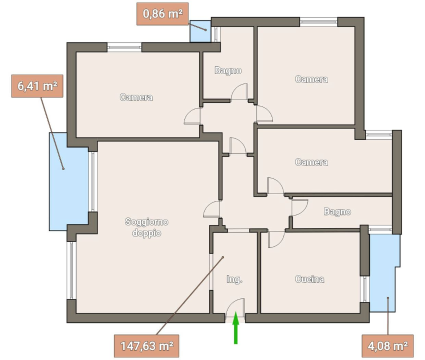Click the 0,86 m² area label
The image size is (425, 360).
pyautogui.click(x=162, y=14)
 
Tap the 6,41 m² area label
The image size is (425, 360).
pyautogui.click(x=37, y=86)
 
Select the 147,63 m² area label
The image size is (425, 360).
pyautogui.click(x=146, y=346)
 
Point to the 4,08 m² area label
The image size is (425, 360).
pyautogui.click(x=387, y=346)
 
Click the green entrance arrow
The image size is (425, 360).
pyautogui.click(x=236, y=327)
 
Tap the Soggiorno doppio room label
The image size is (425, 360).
pyautogui.click(x=146, y=227)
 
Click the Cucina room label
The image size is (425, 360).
pyautogui.click(x=309, y=279)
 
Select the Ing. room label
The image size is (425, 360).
pyautogui.click(x=234, y=279)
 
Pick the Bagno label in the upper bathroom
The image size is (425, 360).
pyautogui.click(x=228, y=70)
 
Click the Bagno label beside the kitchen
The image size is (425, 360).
pyautogui.click(x=337, y=211)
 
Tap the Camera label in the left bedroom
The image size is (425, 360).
pyautogui.click(x=136, y=97)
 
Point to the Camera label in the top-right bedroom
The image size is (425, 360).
pyautogui.click(x=311, y=79)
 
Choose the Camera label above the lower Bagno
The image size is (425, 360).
pyautogui.click(x=311, y=162)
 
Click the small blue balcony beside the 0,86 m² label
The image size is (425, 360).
pyautogui.click(x=200, y=31)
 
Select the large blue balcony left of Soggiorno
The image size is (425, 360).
pyautogui.click(x=68, y=181)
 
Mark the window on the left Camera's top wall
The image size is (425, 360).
pyautogui.click(x=124, y=47)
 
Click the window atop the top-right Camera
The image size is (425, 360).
pyautogui.click(x=319, y=22)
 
